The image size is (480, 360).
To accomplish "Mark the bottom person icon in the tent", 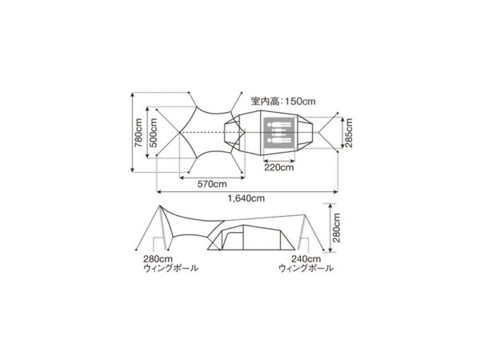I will pyautogui.click(x=280, y=139).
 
